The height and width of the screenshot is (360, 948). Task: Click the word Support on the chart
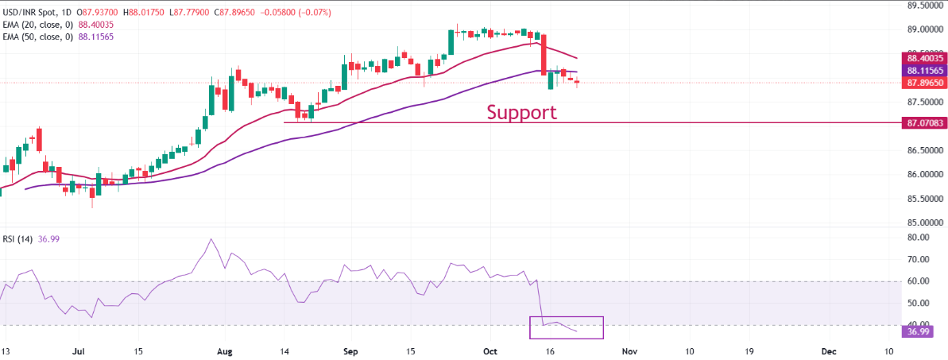521,112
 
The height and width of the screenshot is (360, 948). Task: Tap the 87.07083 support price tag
923,123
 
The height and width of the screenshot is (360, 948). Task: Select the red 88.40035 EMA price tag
923,58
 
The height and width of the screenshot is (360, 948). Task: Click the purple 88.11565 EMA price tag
923,71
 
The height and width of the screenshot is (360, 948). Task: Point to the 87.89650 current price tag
923,83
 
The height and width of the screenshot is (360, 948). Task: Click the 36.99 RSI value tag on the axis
915,331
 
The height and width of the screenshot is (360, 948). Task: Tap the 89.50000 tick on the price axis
922,6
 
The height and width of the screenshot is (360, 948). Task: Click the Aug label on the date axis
225,350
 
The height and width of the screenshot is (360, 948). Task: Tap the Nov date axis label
629,350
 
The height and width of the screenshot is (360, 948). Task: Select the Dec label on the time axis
828,350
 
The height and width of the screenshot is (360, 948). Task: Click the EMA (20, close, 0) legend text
45,25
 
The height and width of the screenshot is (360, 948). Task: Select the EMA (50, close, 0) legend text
45,37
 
